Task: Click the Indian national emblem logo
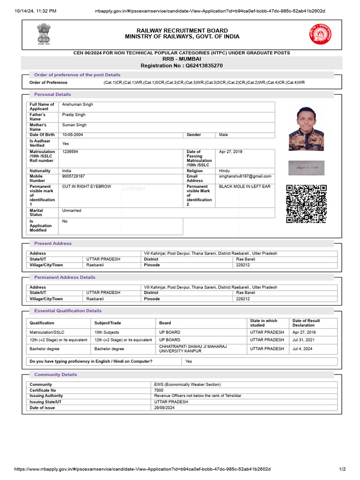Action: click(43, 33)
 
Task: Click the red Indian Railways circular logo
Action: click(319, 34)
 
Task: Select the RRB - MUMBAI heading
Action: click(182, 60)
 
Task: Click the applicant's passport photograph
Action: click(306, 128)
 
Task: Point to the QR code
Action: click(306, 204)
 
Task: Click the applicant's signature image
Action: click(306, 168)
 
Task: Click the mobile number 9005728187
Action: click(74, 176)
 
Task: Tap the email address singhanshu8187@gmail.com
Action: click(245, 176)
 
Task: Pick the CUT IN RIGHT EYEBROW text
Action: click(87, 187)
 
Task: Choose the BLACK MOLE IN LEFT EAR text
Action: click(245, 187)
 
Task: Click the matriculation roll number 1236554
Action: click(70, 152)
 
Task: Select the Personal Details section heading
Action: click(52, 95)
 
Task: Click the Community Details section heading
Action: click(55, 375)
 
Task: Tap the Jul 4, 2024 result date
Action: click(302, 349)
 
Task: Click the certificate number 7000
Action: click(159, 390)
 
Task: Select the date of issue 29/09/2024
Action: click(165, 408)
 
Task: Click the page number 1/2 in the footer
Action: click(342, 469)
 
